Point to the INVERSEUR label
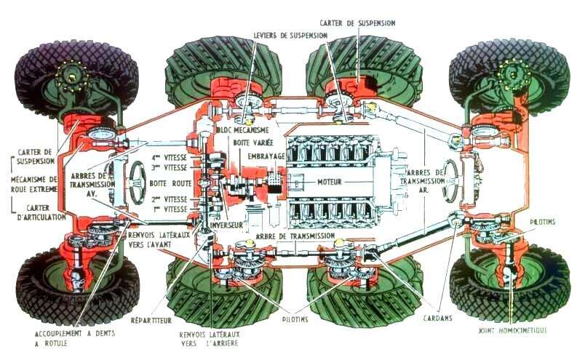225,225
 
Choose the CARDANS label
437,318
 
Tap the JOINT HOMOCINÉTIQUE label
514,330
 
